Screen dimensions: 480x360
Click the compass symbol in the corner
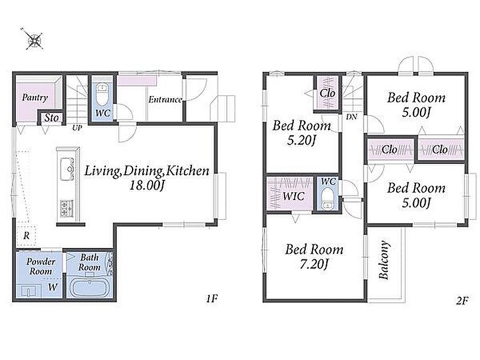(34, 39)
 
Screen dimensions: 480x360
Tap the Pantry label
(35, 98)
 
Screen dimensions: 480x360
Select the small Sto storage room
(51, 118)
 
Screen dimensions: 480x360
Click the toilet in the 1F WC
(102, 94)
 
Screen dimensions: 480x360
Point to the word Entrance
(165, 99)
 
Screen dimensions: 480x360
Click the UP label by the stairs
(77, 128)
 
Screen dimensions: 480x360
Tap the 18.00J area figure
(147, 185)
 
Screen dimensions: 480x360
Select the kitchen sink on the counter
(67, 169)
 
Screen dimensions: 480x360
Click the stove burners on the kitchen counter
(67, 209)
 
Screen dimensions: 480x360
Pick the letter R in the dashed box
(27, 235)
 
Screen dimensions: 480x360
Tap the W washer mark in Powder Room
(53, 287)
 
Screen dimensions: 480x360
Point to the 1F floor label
(211, 298)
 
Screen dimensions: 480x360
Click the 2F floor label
(462, 301)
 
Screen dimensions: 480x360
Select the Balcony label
(384, 260)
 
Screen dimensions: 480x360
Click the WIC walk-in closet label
(293, 196)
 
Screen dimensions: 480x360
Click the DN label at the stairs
(352, 117)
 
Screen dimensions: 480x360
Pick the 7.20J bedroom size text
(314, 264)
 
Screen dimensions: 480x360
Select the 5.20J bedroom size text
(301, 141)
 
